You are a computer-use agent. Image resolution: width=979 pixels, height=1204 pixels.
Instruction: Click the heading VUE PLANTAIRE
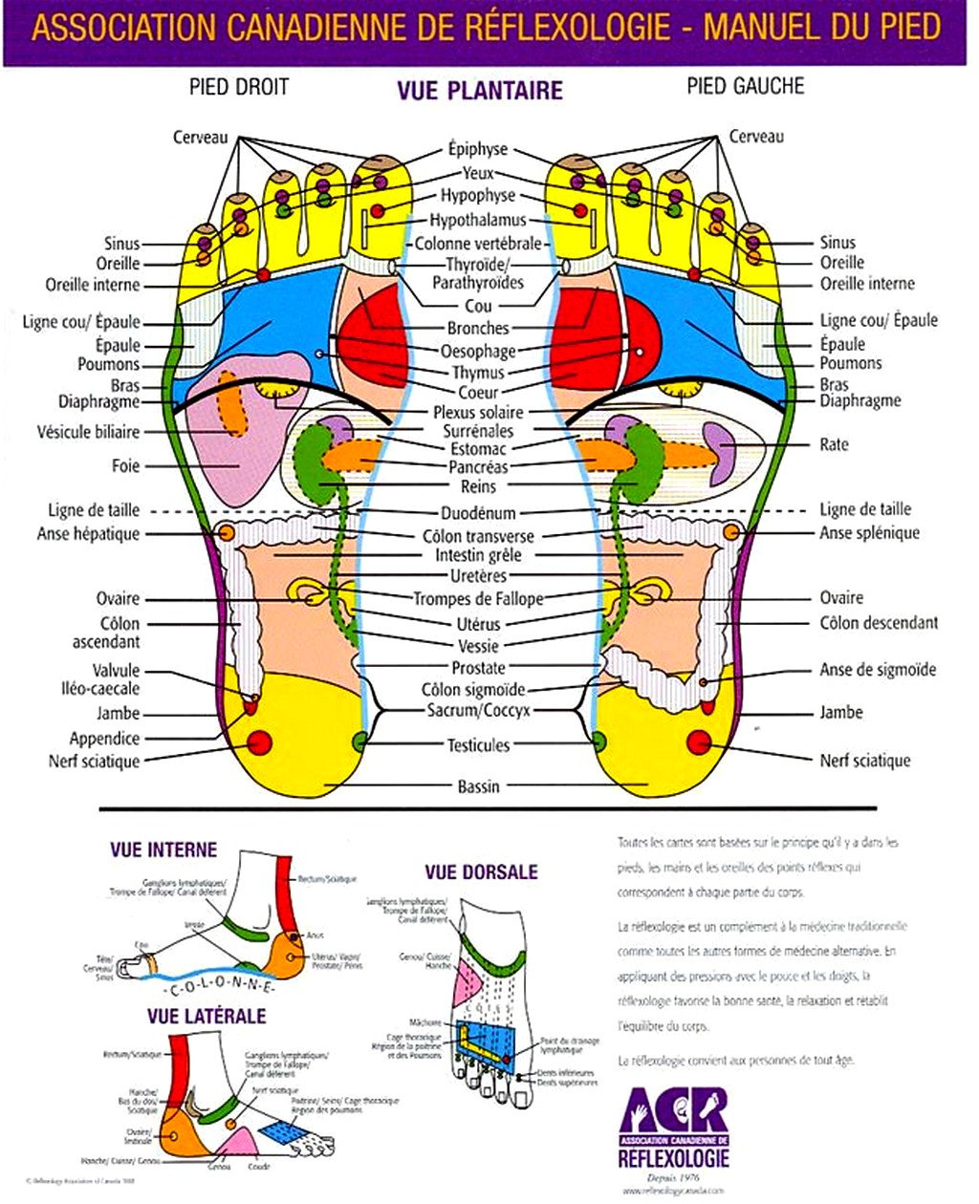pyautogui.click(x=479, y=91)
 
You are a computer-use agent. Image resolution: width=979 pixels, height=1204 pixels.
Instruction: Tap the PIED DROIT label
pyautogui.click(x=238, y=88)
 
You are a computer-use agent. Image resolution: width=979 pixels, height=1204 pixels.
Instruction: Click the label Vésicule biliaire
pyautogui.click(x=88, y=432)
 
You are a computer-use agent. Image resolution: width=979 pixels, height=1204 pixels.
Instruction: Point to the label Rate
pyautogui.click(x=834, y=444)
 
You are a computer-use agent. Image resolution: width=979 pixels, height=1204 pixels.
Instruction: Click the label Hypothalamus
pyautogui.click(x=478, y=220)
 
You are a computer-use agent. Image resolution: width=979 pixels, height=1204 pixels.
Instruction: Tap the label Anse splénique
pyautogui.click(x=869, y=533)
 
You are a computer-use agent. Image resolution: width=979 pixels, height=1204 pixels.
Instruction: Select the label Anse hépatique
pyautogui.click(x=88, y=534)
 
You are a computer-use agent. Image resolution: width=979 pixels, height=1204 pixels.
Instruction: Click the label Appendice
pyautogui.click(x=104, y=739)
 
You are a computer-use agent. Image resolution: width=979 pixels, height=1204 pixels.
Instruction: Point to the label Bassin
pyautogui.click(x=478, y=786)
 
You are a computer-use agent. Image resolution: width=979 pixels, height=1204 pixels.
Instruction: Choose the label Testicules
pyautogui.click(x=478, y=745)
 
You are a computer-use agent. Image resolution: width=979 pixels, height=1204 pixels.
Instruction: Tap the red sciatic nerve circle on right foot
pyautogui.click(x=260, y=742)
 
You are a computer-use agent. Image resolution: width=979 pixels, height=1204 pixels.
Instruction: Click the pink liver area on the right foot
pyautogui.click(x=234, y=459)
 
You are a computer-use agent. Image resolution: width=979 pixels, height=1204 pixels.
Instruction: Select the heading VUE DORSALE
pyautogui.click(x=481, y=872)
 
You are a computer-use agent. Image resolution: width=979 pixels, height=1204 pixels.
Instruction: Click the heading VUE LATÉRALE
pyautogui.click(x=207, y=1016)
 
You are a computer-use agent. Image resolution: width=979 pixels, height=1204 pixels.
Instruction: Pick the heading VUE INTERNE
pyautogui.click(x=163, y=850)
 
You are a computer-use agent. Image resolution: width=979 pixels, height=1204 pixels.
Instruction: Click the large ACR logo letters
pyautogui.click(x=674, y=1109)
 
